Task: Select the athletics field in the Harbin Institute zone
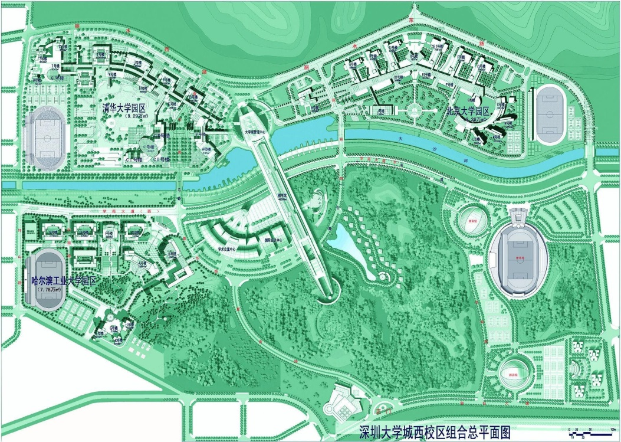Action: [45, 279]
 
